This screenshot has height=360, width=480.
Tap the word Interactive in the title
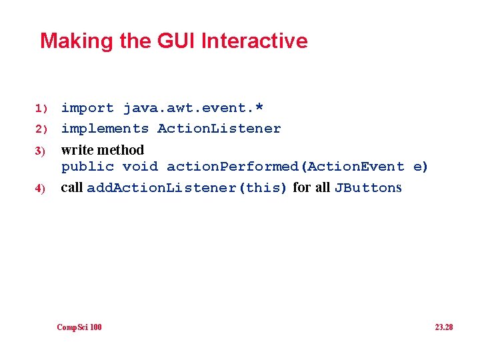(x=254, y=41)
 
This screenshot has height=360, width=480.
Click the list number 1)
(x=42, y=108)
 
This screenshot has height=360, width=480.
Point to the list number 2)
(x=42, y=129)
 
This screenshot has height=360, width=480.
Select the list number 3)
(x=40, y=151)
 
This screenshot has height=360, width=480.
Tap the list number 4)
(x=40, y=189)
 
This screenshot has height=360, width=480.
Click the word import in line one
(x=87, y=108)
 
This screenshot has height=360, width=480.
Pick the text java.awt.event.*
(x=193, y=108)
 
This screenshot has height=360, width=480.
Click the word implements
(x=105, y=129)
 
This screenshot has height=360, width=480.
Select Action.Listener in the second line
(x=219, y=129)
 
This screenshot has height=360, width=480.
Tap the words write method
(x=102, y=149)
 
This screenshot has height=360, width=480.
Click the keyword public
(x=87, y=167)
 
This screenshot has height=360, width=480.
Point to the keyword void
(x=140, y=167)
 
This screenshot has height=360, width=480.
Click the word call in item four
(x=71, y=187)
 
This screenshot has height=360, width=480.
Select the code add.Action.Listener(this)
(x=187, y=188)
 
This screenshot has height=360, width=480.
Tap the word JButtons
(x=368, y=188)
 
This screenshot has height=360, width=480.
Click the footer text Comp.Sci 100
(x=79, y=327)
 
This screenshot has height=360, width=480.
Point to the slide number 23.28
(x=443, y=327)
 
